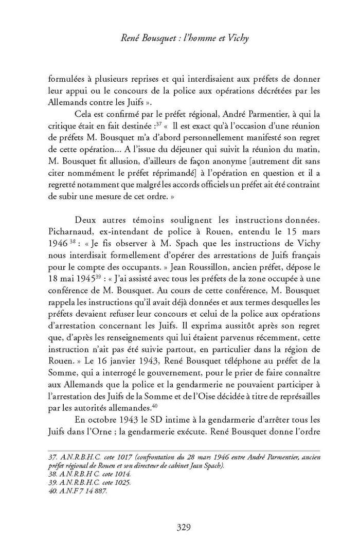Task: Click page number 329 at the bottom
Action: pos(184,527)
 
